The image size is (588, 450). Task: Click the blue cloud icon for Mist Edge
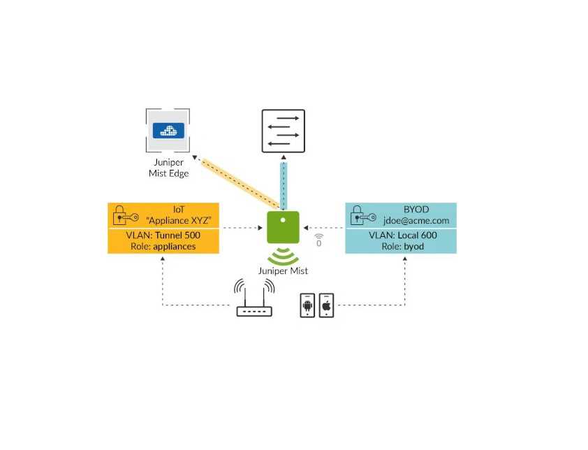(x=168, y=129)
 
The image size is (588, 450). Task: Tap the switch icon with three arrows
(x=283, y=131)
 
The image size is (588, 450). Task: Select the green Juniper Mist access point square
(x=283, y=227)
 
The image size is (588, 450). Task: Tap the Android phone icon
(x=308, y=305)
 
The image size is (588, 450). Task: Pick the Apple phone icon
(x=326, y=305)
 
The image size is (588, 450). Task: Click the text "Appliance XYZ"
(x=179, y=221)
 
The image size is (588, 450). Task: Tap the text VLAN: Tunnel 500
(x=163, y=235)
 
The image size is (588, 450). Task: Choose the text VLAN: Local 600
(x=403, y=235)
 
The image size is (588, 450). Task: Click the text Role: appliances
(x=163, y=246)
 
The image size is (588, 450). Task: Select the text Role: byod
(x=403, y=246)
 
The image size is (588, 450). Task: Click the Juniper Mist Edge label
(x=168, y=168)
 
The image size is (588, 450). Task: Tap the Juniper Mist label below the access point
(x=283, y=270)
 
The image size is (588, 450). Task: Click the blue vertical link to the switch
(x=283, y=183)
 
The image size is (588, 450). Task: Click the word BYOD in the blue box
(x=418, y=209)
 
